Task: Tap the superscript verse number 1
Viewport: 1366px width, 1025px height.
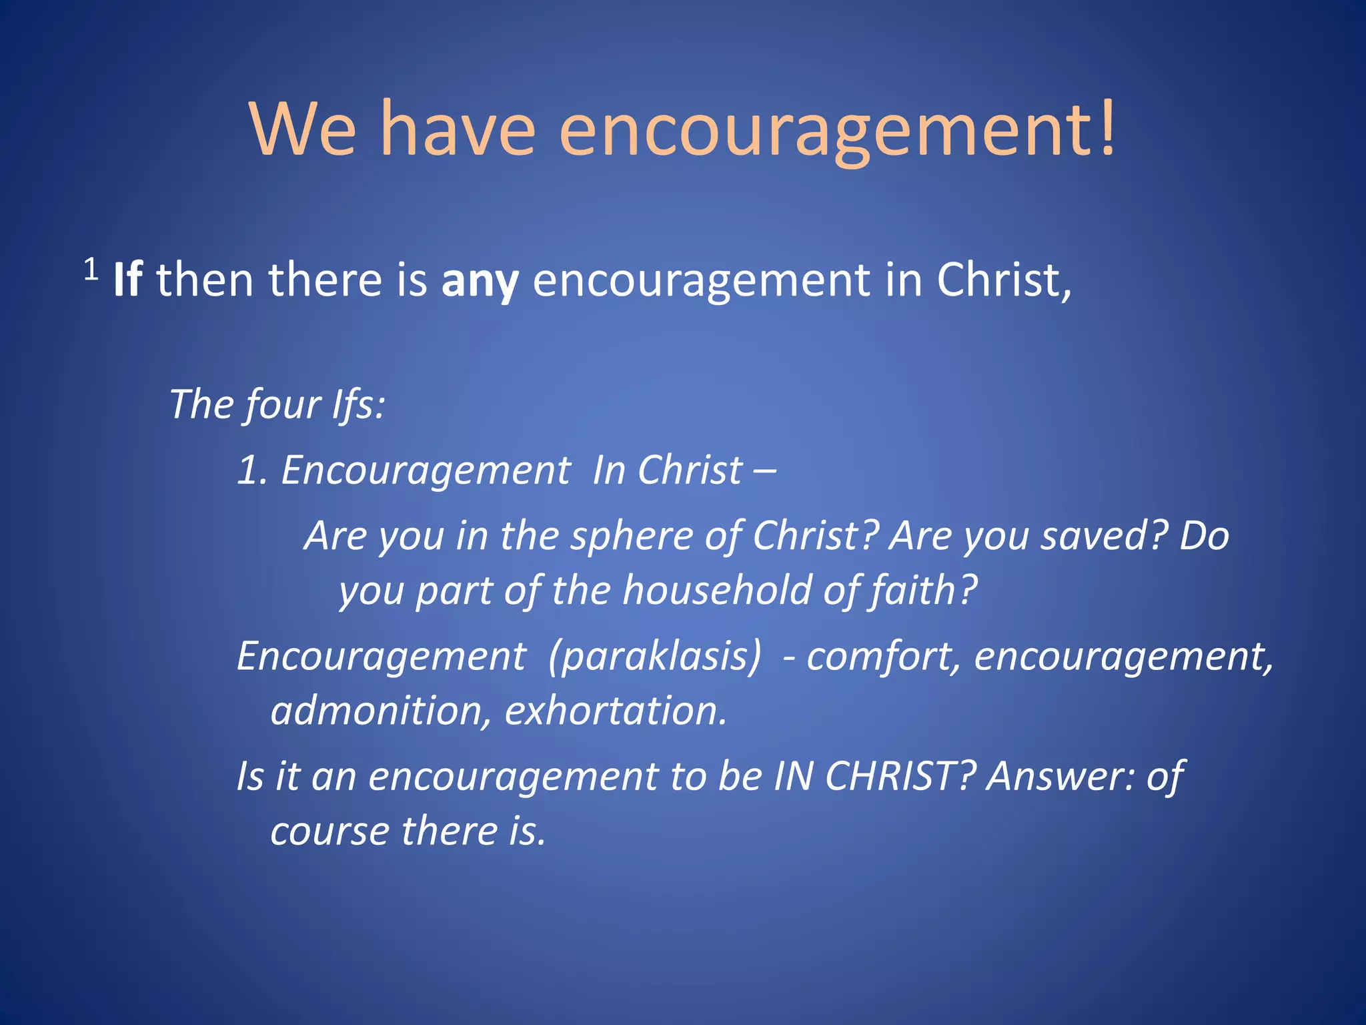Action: (91, 270)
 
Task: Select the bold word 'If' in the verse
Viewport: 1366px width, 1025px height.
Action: (127, 280)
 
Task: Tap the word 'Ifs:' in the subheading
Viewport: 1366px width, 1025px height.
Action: (359, 404)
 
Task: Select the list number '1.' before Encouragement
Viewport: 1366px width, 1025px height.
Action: (253, 470)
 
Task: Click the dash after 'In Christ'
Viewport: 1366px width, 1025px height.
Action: (764, 470)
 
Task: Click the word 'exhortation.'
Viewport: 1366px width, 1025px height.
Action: (616, 710)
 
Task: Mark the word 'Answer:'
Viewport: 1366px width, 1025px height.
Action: (1061, 776)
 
